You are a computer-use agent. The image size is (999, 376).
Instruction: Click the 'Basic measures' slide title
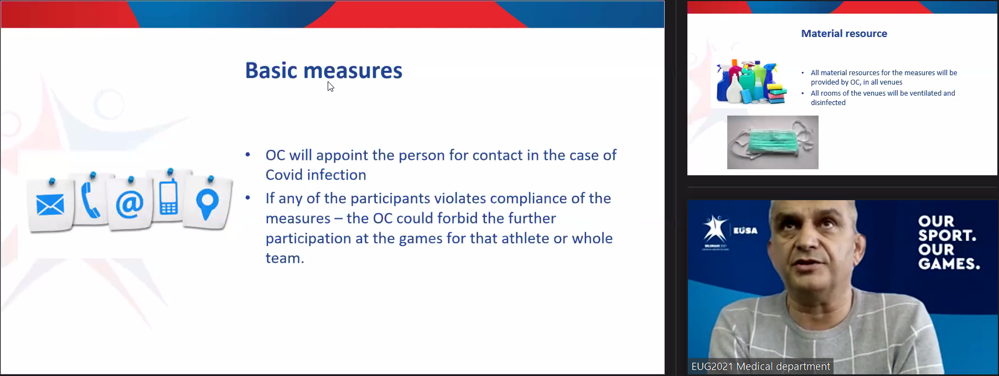(324, 71)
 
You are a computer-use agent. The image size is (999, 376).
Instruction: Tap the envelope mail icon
(50, 205)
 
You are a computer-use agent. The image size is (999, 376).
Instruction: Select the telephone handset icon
(90, 201)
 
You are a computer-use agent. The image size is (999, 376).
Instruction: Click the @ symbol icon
(130, 204)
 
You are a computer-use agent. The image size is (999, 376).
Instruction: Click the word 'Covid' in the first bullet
(287, 175)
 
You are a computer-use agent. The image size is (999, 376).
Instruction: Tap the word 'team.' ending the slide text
(284, 258)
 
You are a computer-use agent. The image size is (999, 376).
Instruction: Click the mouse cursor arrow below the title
(330, 86)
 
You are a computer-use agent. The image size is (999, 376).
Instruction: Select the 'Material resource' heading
(844, 34)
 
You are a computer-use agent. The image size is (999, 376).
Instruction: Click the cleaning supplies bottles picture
(751, 82)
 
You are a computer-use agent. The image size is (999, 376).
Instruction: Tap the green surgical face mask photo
(773, 142)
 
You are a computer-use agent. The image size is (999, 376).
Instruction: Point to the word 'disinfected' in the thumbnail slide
(828, 103)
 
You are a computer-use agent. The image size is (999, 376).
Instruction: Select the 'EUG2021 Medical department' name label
(760, 367)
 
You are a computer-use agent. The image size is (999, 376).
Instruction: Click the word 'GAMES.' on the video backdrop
(949, 264)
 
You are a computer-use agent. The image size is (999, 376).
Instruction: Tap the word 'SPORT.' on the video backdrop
(947, 235)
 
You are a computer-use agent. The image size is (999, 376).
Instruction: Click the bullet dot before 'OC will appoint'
(248, 155)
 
